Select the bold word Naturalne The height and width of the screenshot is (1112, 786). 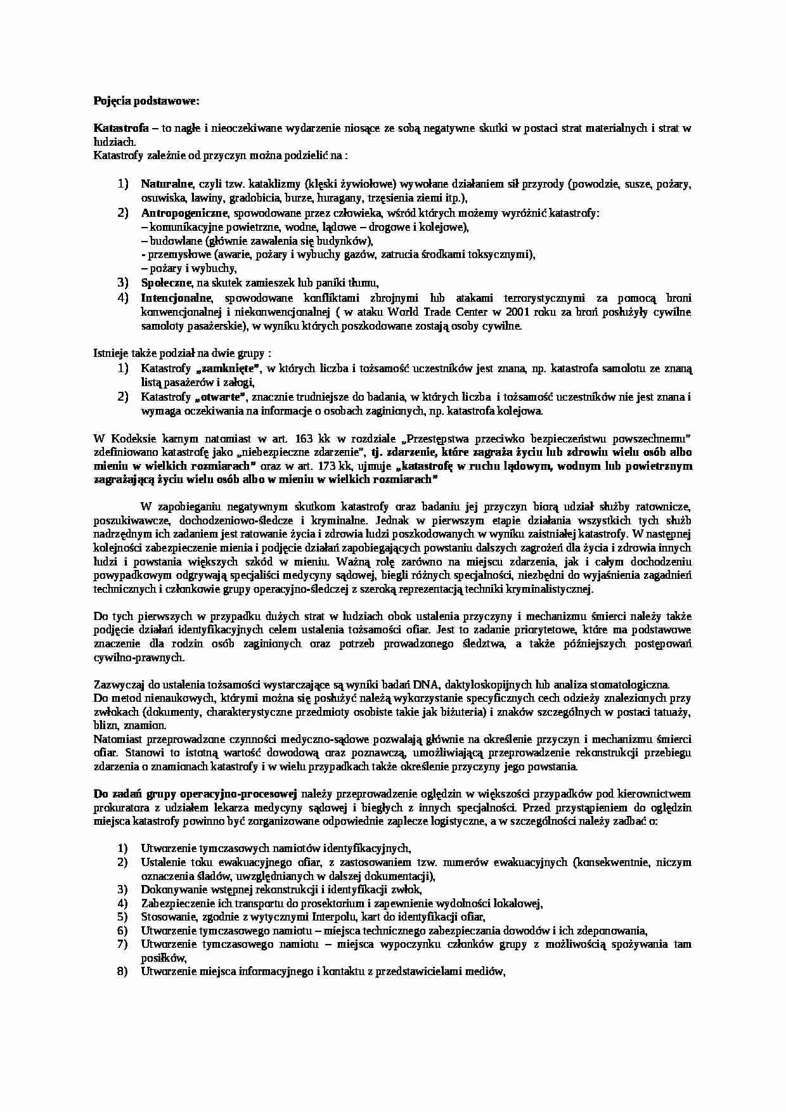pyautogui.click(x=166, y=184)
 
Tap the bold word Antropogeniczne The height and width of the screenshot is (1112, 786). pyautogui.click(x=183, y=213)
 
